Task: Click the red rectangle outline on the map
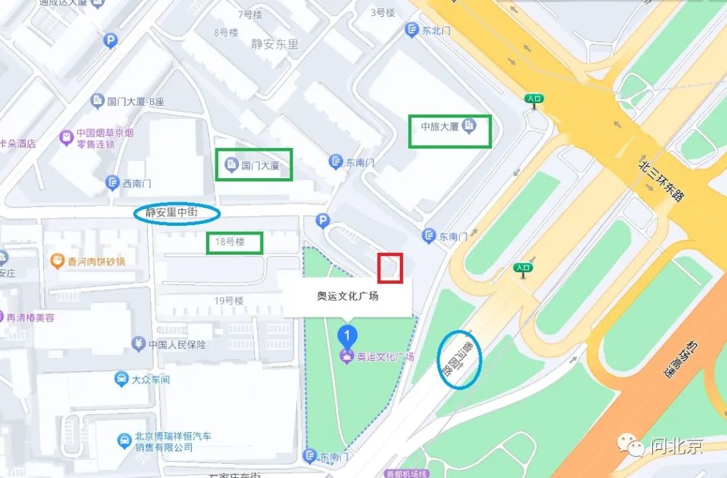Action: (x=390, y=268)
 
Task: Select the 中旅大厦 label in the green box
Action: (x=440, y=126)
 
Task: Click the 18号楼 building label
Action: (x=230, y=242)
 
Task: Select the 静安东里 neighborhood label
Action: (x=275, y=44)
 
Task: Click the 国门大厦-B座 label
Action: (x=135, y=102)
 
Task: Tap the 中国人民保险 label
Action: (x=177, y=345)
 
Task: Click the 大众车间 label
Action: (x=150, y=379)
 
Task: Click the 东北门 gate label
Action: (x=435, y=30)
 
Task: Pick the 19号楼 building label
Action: (x=228, y=301)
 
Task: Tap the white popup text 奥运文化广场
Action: (x=347, y=296)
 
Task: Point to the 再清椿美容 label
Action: (x=30, y=317)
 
